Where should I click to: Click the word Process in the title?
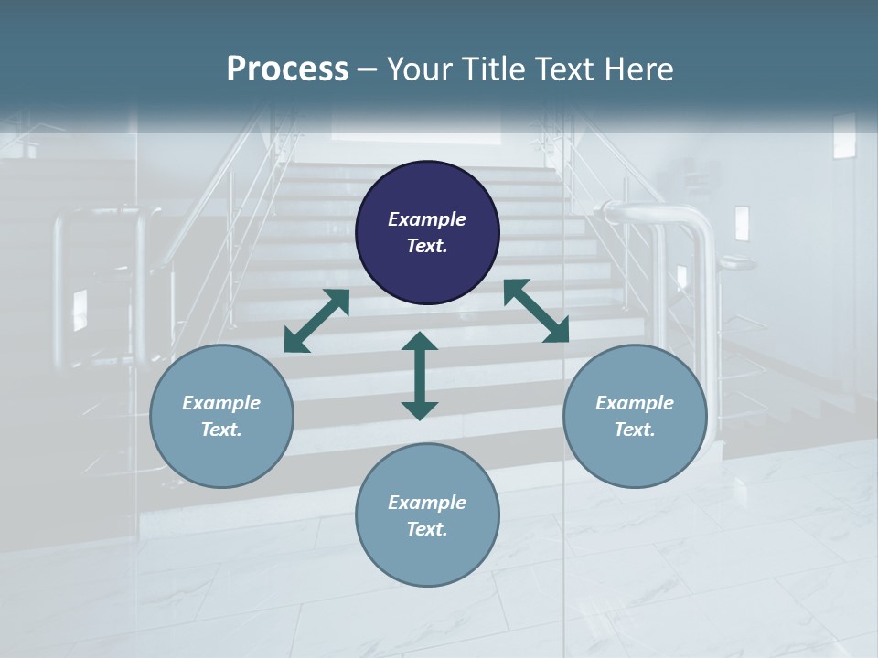pyautogui.click(x=287, y=69)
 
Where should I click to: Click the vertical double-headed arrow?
pyautogui.click(x=420, y=376)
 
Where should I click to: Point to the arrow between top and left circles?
pyautogui.click(x=316, y=320)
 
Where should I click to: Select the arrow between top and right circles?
pyautogui.click(x=537, y=311)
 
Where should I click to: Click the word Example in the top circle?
pyautogui.click(x=427, y=219)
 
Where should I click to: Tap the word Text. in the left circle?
pyautogui.click(x=221, y=430)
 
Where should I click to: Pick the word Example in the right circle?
pyautogui.click(x=635, y=403)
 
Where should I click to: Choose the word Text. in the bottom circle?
pyautogui.click(x=427, y=529)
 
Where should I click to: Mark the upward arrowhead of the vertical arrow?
pyautogui.click(x=420, y=342)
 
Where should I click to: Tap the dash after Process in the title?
pyautogui.click(x=368, y=69)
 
